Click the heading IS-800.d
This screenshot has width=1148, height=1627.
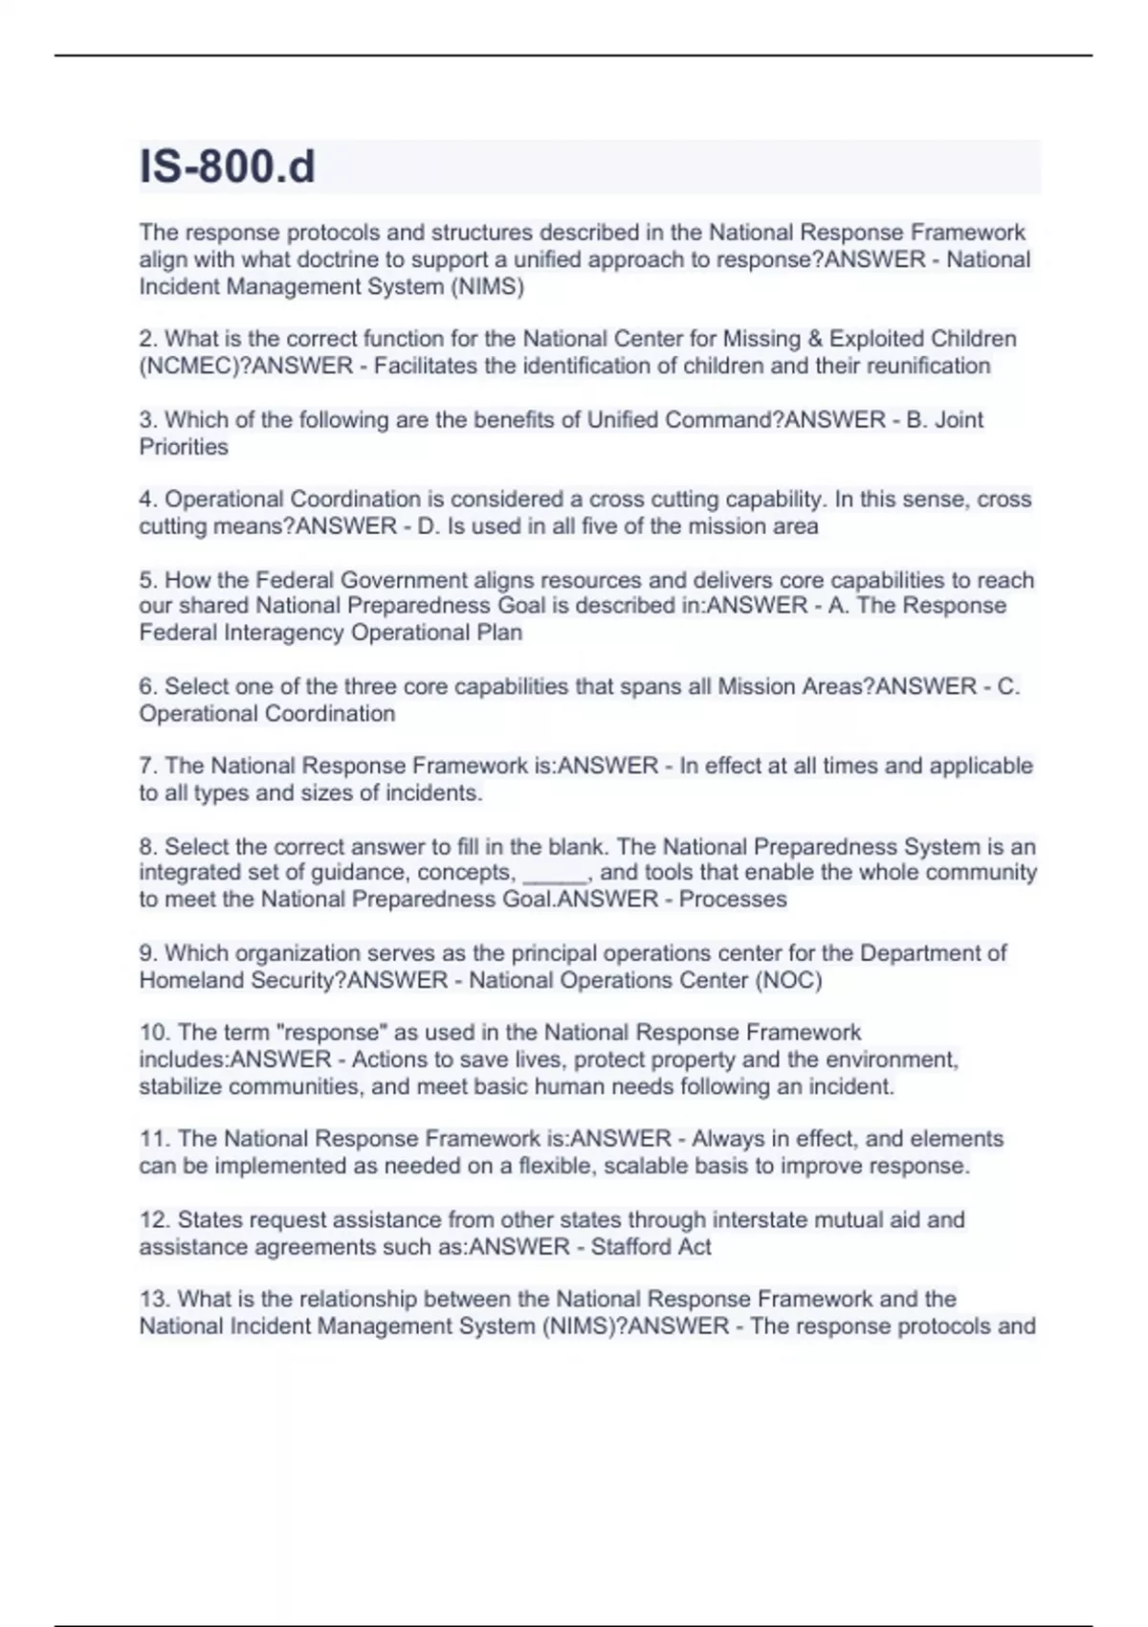228,167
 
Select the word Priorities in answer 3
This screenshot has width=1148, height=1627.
184,447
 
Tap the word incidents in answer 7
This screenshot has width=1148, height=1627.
432,793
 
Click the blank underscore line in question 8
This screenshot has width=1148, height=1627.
555,873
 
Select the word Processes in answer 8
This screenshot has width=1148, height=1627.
733,900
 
